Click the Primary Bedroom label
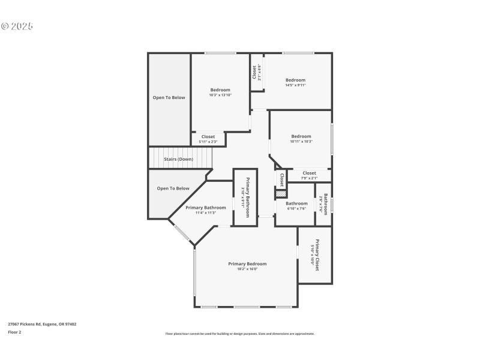(247, 263)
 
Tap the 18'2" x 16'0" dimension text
(247, 269)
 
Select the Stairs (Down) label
(179, 159)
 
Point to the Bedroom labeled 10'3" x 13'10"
(220, 90)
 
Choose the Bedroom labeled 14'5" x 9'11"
(295, 80)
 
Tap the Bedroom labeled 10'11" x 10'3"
(301, 136)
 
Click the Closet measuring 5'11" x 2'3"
(208, 137)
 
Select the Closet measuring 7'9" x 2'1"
(309, 173)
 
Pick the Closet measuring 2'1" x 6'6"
(256, 73)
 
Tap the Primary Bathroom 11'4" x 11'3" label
(206, 208)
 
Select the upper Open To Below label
(169, 97)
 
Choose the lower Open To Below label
(173, 188)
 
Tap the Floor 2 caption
(14, 332)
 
